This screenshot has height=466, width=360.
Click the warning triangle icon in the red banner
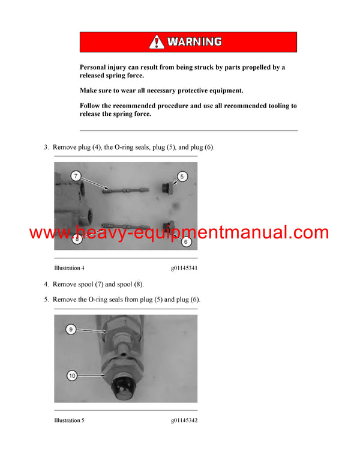157,41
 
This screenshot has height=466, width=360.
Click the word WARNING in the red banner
194,41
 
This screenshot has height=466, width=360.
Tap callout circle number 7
76,176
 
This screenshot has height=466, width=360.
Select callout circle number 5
183,177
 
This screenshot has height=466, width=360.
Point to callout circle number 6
185,242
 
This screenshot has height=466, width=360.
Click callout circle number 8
77,240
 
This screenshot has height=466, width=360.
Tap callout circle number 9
71,329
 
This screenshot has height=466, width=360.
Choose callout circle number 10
72,376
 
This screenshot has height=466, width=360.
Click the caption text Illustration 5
69,420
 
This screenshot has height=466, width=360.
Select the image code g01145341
184,268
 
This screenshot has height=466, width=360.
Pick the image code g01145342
184,420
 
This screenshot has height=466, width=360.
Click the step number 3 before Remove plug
46,148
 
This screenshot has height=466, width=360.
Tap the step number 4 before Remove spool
46,285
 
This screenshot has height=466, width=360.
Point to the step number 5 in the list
46,300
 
